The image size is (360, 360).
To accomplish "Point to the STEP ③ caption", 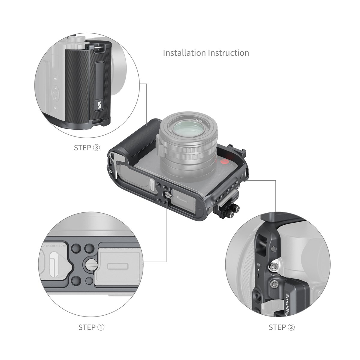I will click(87, 148).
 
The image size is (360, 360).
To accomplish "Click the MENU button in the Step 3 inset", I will click(55, 79).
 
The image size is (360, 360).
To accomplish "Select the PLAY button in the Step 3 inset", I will click(55, 107).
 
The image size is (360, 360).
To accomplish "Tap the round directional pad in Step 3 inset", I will click(55, 92).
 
